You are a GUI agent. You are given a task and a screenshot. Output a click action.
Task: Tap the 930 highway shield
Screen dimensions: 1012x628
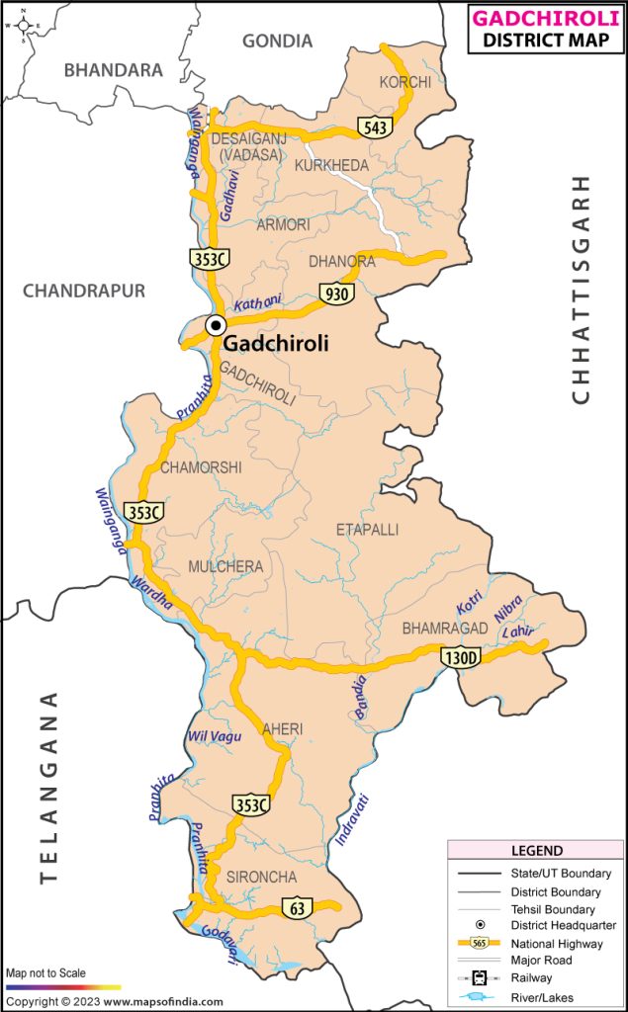coord(334,293)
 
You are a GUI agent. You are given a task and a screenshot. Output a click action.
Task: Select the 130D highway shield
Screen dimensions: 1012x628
coord(460,657)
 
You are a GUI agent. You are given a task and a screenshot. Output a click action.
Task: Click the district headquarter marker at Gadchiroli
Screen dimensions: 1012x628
coord(215,325)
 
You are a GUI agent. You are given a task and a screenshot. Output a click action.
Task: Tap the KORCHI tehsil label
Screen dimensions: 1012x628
coord(405,82)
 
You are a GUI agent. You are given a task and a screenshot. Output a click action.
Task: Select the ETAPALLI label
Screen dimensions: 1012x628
coord(367,530)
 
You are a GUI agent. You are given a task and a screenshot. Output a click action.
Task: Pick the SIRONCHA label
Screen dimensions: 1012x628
coord(261,877)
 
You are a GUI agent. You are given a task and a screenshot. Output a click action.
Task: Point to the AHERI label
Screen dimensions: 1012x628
coord(283,729)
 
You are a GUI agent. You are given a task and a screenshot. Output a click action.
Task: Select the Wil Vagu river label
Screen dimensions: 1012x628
coord(215,736)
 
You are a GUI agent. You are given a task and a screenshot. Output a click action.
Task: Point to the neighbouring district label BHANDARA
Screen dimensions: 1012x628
coord(113,70)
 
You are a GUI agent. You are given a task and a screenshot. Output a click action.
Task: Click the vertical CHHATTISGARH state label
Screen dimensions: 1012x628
coord(581,289)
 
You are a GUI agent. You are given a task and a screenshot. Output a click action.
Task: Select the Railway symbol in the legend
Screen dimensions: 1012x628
coord(478,977)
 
